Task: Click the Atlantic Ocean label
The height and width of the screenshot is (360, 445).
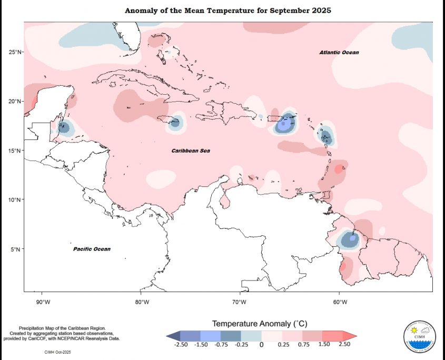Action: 339,53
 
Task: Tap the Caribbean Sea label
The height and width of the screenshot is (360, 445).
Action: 191,151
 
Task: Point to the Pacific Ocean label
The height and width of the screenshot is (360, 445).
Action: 92,249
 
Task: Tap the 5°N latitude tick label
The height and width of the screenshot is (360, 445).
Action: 16,249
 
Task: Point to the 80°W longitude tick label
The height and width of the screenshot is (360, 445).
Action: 142,302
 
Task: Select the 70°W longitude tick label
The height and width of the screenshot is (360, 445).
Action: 241,302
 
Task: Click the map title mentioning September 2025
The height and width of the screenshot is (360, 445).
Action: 228,11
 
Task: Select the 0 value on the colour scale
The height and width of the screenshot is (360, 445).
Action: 261,345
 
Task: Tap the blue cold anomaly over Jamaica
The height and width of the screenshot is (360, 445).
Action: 175,122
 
